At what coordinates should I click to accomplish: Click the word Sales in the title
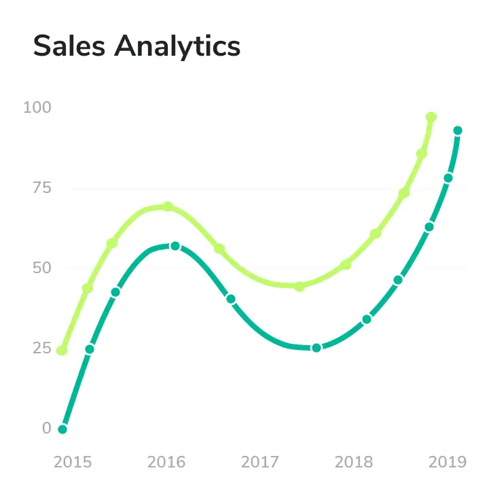69,46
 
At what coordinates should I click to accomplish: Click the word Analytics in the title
177,46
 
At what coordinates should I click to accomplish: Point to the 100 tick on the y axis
38,107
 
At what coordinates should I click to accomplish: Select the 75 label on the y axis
41,188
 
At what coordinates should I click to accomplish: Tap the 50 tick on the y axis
41,268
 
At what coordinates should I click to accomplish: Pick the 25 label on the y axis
41,348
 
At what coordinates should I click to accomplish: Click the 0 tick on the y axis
47,428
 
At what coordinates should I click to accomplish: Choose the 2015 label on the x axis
73,463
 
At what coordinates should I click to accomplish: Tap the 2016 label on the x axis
166,463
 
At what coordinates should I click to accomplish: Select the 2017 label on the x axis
260,463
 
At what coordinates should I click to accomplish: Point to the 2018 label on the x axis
354,463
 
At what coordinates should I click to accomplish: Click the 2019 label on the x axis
448,463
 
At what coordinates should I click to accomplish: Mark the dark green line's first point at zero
62,429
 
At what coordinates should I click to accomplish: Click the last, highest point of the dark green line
458,130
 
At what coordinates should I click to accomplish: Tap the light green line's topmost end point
431,117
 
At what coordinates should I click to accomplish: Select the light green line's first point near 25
62,351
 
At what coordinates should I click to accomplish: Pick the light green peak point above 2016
168,207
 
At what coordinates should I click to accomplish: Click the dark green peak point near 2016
175,246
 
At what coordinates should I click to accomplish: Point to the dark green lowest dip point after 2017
316,348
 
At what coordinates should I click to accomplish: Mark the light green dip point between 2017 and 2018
300,286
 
